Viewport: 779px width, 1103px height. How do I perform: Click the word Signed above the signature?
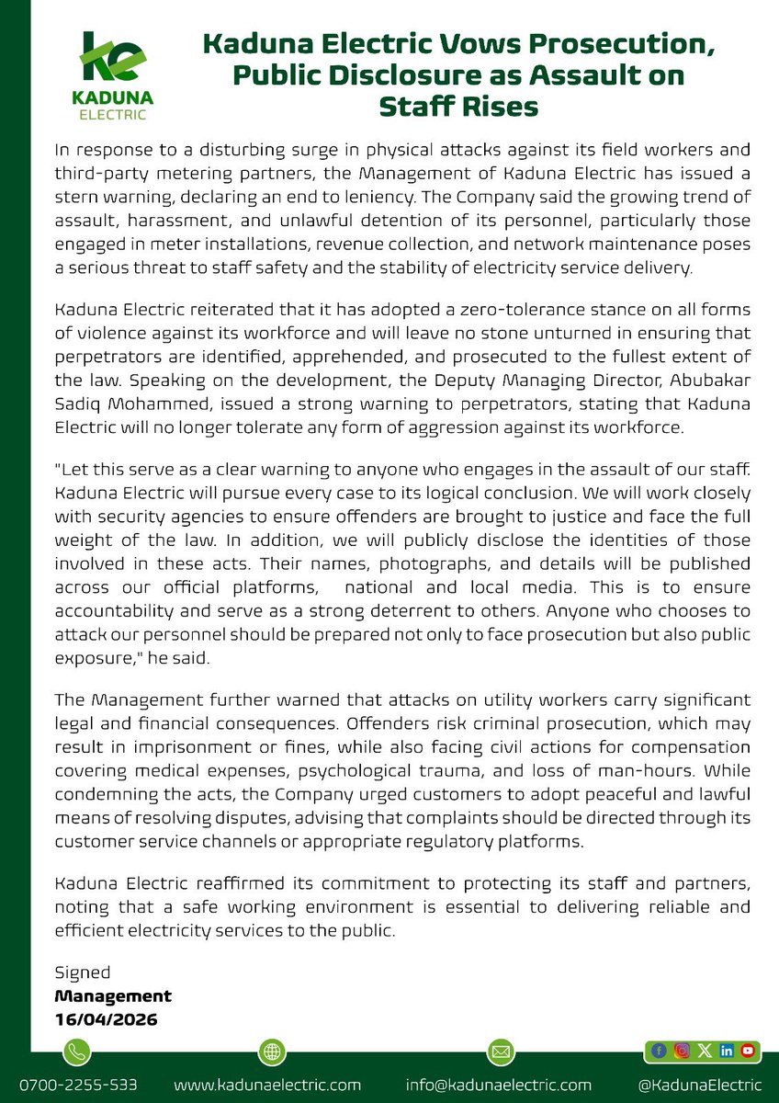(x=83, y=972)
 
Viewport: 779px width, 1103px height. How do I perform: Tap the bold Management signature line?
(x=113, y=995)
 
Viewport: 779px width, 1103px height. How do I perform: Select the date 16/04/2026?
(x=105, y=1018)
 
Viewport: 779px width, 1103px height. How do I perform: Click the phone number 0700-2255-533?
(x=77, y=1085)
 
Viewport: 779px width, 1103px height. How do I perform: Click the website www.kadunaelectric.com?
(x=266, y=1085)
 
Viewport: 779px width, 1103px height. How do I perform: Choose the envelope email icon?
(x=500, y=1051)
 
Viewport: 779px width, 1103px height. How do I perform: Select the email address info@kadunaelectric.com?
(x=499, y=1085)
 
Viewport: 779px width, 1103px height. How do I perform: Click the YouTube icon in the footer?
(x=748, y=1050)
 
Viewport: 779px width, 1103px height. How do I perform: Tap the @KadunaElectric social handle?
(x=703, y=1085)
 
